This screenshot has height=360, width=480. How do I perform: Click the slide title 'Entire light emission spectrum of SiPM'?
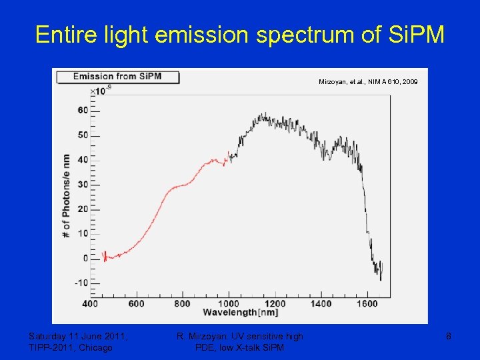(239, 35)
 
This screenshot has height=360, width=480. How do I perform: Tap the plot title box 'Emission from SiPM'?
(118, 76)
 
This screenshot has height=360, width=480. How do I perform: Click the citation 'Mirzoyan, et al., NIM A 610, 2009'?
(368, 81)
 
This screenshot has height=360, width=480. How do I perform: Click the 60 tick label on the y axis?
(83, 110)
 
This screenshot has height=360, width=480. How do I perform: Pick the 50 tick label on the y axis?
(83, 135)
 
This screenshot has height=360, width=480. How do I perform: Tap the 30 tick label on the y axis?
(83, 185)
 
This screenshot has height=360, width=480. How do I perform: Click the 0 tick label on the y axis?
(85, 258)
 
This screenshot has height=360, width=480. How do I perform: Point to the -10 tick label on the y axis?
(81, 283)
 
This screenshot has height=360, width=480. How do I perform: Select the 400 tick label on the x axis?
(90, 304)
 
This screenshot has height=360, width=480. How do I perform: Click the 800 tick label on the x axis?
(182, 304)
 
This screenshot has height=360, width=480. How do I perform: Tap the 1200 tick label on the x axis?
(275, 304)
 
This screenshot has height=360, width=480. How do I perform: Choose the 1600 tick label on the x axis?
(367, 304)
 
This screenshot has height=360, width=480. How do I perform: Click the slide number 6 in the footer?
(449, 337)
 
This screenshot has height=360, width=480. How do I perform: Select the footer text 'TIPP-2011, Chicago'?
(71, 347)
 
